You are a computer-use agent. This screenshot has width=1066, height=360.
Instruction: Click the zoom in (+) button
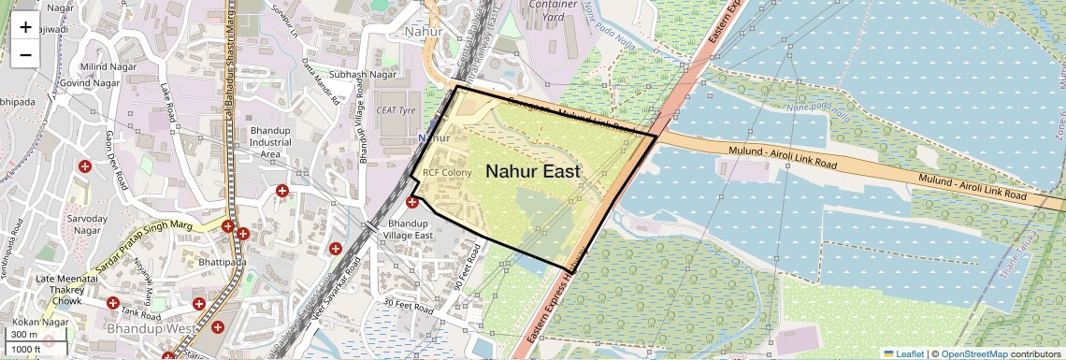click(x=25, y=28)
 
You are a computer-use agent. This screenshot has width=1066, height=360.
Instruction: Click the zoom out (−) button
click(x=25, y=54)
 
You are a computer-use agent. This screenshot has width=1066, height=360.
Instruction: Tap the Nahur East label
click(x=533, y=172)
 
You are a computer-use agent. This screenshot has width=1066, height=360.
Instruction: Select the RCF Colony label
click(x=446, y=173)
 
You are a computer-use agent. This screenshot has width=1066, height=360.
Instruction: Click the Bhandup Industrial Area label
click(x=270, y=142)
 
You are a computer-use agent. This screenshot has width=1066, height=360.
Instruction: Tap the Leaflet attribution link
click(x=903, y=353)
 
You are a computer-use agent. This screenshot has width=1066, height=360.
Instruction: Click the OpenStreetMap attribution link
click(x=973, y=353)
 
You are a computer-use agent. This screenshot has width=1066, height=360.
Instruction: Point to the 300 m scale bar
click(x=26, y=335)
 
